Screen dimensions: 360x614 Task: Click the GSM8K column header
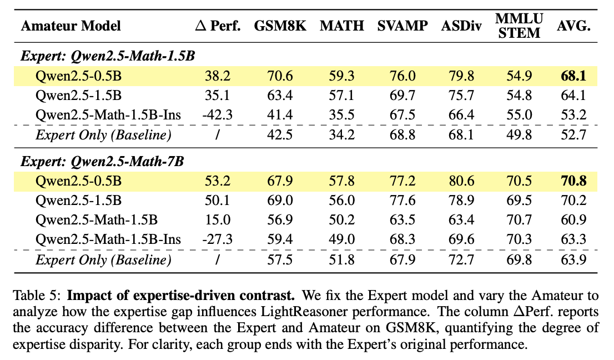(x=280, y=26)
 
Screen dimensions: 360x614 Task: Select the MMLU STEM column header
(x=517, y=26)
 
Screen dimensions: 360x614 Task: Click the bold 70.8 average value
(x=572, y=181)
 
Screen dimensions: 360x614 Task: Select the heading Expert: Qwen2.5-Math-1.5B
(x=109, y=56)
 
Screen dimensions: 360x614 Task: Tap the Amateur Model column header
(x=71, y=26)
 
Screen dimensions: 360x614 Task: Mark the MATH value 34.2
(x=342, y=135)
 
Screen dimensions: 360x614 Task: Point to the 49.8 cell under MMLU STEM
(x=517, y=135)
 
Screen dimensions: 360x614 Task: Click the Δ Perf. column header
(x=218, y=26)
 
